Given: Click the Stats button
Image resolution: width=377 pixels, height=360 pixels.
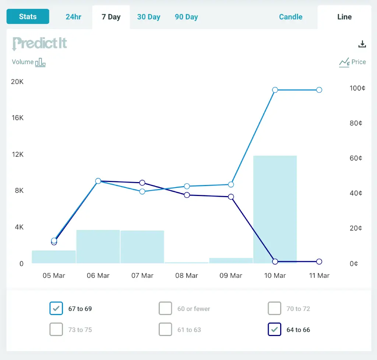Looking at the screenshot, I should click(x=28, y=17).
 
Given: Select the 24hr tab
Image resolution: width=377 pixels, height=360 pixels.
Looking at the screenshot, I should click(x=73, y=17).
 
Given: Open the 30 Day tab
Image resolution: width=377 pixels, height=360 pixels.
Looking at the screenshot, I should click(x=149, y=17).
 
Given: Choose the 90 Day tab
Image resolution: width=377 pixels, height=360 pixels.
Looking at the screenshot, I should click(x=186, y=17).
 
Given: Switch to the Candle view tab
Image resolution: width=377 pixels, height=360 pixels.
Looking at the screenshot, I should click(x=290, y=17).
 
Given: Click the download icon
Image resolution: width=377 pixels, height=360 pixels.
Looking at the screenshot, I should click(x=362, y=44).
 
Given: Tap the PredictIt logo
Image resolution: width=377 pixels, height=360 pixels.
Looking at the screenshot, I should click(x=39, y=43).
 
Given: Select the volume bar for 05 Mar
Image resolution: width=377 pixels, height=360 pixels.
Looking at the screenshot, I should click(x=54, y=257).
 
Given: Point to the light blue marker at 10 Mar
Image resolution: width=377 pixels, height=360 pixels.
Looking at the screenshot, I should click(x=275, y=90).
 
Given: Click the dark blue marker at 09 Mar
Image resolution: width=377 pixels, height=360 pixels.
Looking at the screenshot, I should click(x=231, y=197).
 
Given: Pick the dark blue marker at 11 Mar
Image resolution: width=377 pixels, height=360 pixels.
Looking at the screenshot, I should click(x=319, y=262).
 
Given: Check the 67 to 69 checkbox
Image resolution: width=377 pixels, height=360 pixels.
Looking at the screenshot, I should click(x=56, y=308).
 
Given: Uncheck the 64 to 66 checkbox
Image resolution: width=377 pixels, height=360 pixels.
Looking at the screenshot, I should click(x=274, y=329).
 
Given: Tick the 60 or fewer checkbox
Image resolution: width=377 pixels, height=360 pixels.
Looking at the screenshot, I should click(x=165, y=308).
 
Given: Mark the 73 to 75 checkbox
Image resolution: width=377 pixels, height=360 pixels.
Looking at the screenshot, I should click(x=56, y=329).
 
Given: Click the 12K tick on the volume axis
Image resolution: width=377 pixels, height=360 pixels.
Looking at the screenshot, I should click(x=17, y=154).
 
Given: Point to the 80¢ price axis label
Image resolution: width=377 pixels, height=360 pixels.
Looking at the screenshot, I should click(x=356, y=123).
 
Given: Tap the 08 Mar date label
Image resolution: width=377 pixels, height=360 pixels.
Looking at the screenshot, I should click(x=187, y=276).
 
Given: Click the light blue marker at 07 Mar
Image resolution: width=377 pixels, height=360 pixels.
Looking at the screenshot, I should click(x=142, y=192).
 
